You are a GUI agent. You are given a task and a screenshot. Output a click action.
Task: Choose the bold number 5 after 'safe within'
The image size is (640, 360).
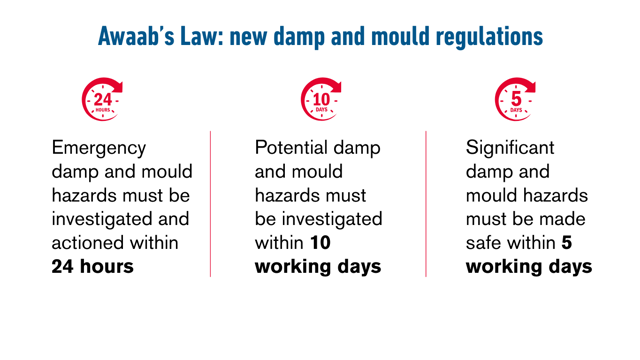566,243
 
